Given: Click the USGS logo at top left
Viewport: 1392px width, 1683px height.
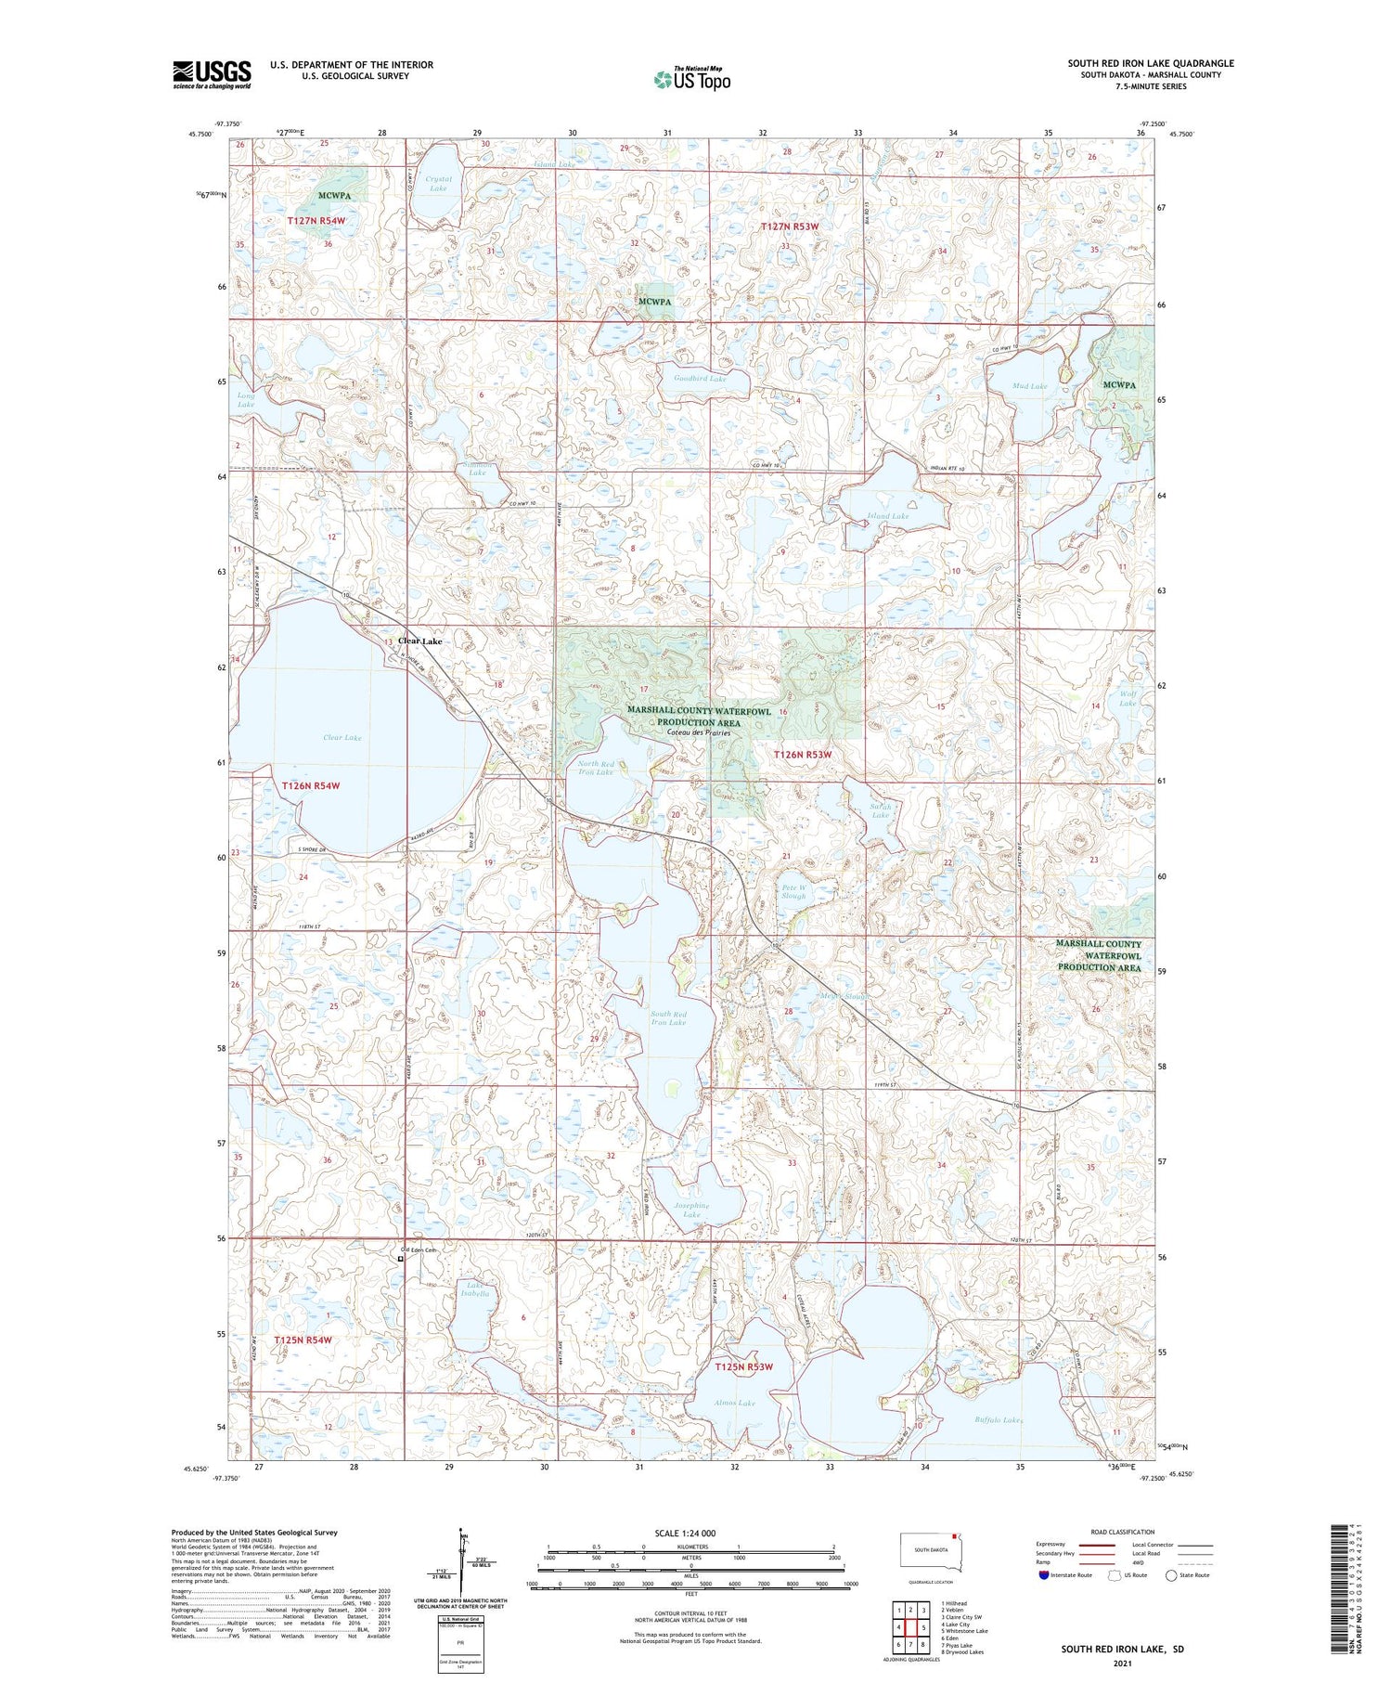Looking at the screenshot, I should (x=212, y=74).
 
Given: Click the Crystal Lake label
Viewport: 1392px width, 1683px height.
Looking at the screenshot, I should (x=438, y=184).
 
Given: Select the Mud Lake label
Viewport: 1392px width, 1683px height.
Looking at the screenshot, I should (x=1030, y=386).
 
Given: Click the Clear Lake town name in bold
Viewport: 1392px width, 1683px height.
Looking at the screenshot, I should (x=419, y=641).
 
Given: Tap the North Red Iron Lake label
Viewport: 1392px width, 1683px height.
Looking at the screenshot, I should (x=595, y=768).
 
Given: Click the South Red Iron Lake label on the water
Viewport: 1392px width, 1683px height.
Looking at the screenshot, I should (x=668, y=1018).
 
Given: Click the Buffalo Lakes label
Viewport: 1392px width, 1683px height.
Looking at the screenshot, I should (x=999, y=1420).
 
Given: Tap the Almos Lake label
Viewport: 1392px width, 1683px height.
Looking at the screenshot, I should (x=734, y=1403).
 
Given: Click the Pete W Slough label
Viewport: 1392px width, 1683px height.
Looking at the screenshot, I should (x=793, y=892).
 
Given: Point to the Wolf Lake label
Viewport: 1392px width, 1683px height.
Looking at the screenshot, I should (x=1127, y=698).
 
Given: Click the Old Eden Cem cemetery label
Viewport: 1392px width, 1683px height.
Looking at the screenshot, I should (x=418, y=1250).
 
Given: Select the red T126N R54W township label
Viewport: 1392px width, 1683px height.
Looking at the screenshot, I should (x=311, y=786).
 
